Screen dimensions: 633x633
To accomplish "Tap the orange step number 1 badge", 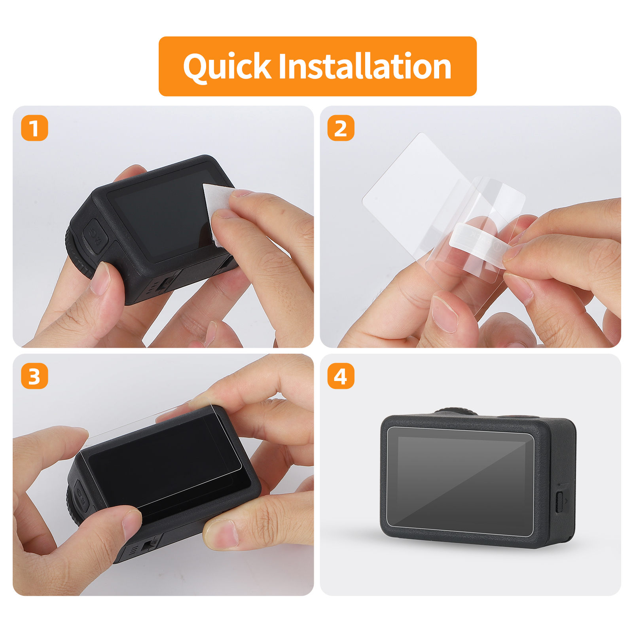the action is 34,128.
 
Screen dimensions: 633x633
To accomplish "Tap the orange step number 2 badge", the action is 341,128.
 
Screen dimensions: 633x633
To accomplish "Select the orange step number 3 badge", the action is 34,376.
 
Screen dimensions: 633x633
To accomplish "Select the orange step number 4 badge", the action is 341,376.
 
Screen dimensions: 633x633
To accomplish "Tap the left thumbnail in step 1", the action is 101,279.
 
